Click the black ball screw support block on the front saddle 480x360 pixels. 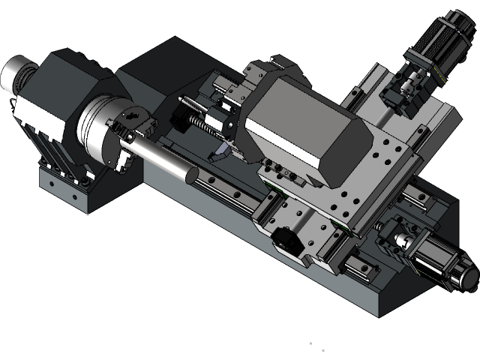[x=285, y=238]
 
